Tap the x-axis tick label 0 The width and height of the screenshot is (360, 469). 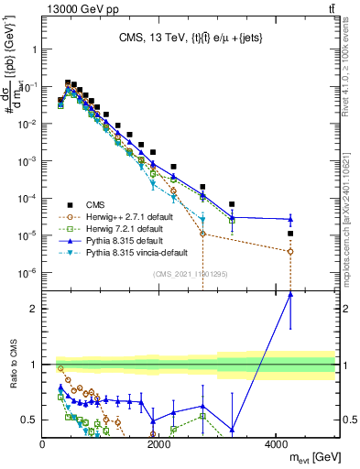[43, 444]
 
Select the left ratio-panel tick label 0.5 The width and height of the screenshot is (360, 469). [28, 420]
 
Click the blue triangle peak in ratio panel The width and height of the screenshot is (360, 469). [290, 294]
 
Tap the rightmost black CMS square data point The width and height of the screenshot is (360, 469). [290, 234]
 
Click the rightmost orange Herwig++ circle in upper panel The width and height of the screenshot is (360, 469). [290, 251]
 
